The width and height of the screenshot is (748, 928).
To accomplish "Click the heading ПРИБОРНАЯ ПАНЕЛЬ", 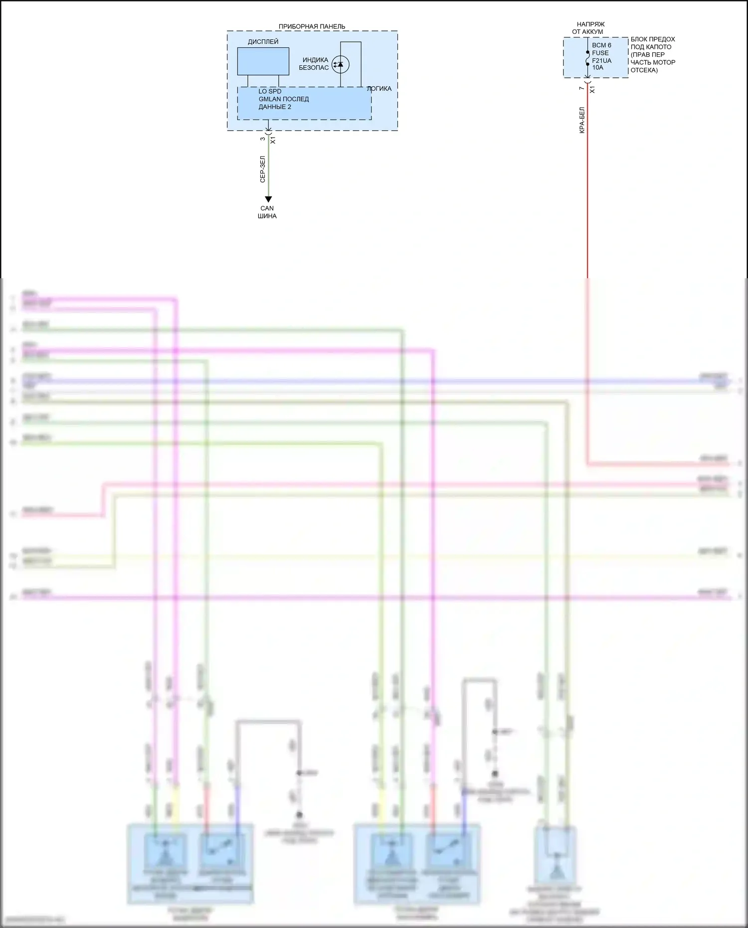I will (312, 26).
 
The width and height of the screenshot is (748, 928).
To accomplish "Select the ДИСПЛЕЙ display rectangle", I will (263, 61).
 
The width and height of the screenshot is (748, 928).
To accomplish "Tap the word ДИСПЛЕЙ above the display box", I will (263, 42).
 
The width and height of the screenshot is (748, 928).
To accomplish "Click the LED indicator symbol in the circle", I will (341, 64).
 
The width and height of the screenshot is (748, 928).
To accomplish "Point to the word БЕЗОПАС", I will (314, 68).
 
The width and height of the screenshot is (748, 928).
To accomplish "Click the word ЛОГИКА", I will (379, 89).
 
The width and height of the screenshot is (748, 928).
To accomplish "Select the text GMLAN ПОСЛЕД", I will (283, 99).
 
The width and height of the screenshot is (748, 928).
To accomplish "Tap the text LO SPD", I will (270, 91).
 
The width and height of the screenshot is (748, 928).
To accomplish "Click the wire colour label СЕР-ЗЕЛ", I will (263, 169).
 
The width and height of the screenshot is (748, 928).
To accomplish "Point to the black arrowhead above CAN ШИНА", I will (268, 199).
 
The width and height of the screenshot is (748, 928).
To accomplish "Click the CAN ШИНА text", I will (267, 212).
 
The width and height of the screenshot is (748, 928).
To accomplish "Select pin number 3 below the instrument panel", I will (263, 139).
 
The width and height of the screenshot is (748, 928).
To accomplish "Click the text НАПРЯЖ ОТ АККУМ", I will (590, 28).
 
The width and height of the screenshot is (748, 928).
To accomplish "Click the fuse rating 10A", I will (597, 68).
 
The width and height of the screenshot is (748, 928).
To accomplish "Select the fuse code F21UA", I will (601, 61).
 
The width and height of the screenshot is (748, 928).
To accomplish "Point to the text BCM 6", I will (601, 45).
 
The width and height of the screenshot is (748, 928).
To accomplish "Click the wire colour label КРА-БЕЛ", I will (582, 120).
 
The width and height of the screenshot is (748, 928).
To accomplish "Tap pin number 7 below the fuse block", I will (581, 88).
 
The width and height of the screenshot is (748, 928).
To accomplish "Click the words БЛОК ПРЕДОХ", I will (652, 39).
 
